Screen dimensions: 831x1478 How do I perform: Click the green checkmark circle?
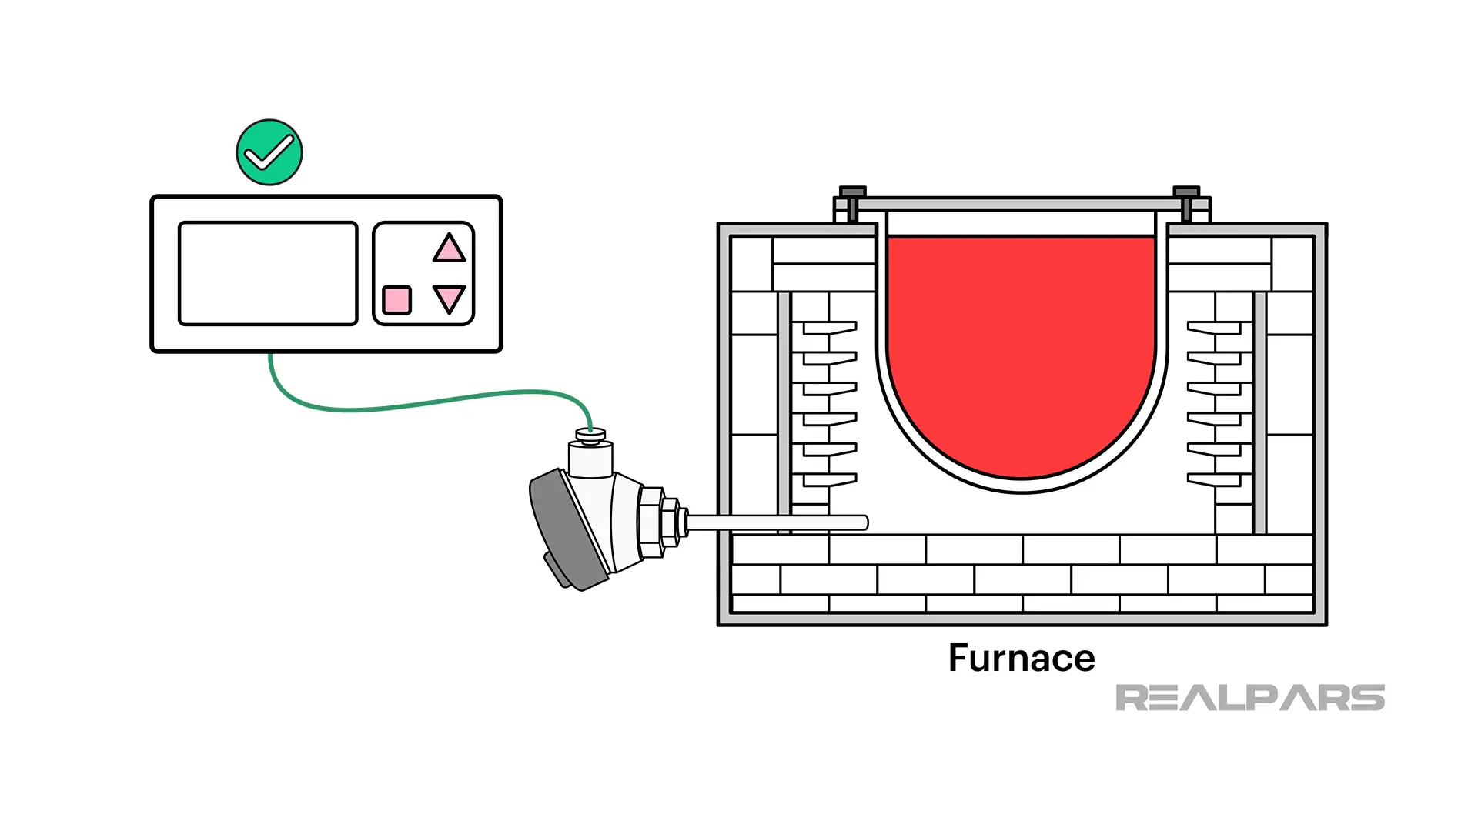click(269, 152)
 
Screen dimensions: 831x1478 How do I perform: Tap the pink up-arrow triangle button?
click(449, 250)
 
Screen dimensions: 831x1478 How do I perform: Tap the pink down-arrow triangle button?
click(449, 298)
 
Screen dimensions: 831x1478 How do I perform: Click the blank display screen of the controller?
click(268, 273)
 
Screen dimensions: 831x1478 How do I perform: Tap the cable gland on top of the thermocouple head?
click(590, 436)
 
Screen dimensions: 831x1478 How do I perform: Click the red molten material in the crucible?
click(1021, 346)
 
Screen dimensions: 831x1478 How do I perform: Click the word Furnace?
click(1021, 659)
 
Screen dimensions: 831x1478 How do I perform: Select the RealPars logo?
click(1249, 698)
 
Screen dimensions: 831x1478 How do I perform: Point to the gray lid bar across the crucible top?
click(1020, 205)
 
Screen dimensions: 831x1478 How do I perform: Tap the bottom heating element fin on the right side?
click(1214, 480)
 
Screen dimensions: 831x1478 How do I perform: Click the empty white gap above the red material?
click(1021, 224)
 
